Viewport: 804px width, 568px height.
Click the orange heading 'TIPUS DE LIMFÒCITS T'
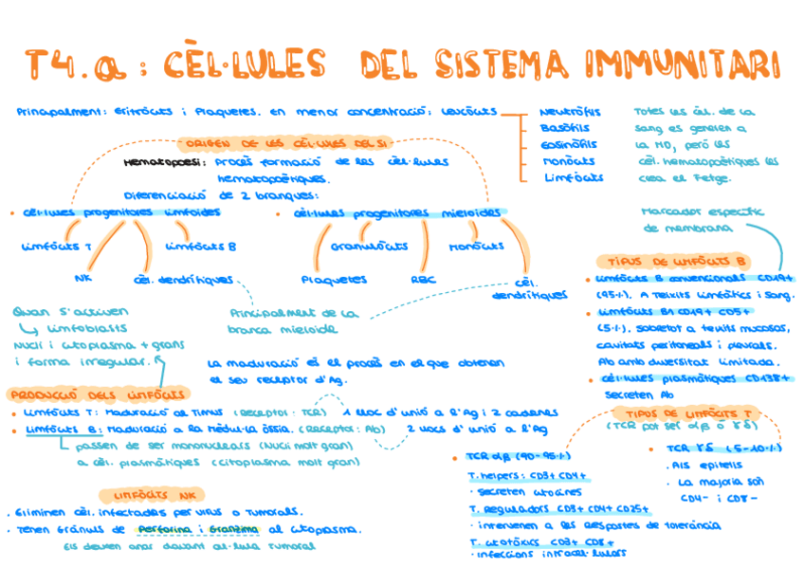[688, 413]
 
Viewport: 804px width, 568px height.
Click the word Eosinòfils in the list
[569, 144]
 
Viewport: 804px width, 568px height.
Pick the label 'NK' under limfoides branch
[82, 279]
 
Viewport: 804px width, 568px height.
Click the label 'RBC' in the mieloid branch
[423, 280]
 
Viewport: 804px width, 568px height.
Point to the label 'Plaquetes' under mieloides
[334, 280]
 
